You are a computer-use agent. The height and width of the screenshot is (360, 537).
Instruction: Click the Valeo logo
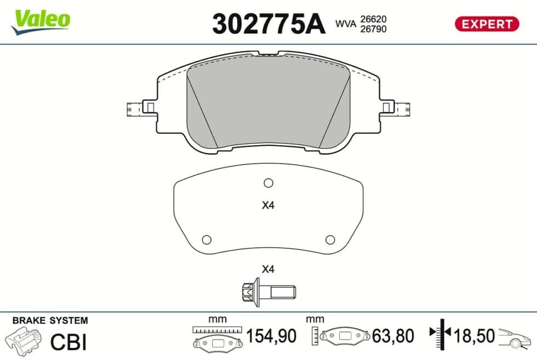pyautogui.click(x=41, y=22)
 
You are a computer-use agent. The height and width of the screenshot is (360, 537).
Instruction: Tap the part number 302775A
pyautogui.click(x=268, y=24)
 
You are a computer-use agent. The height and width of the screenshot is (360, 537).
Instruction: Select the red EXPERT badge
pyautogui.click(x=487, y=24)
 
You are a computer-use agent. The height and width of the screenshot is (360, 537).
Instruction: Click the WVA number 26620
pyautogui.click(x=373, y=19)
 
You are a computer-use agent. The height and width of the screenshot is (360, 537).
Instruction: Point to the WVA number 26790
pyautogui.click(x=373, y=29)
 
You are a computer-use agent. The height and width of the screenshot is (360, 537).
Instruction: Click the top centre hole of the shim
pyautogui.click(x=268, y=183)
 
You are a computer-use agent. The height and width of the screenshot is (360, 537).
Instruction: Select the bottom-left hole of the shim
pyautogui.click(x=207, y=240)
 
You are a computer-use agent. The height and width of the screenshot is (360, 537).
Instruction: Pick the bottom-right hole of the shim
pyautogui.click(x=330, y=240)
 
